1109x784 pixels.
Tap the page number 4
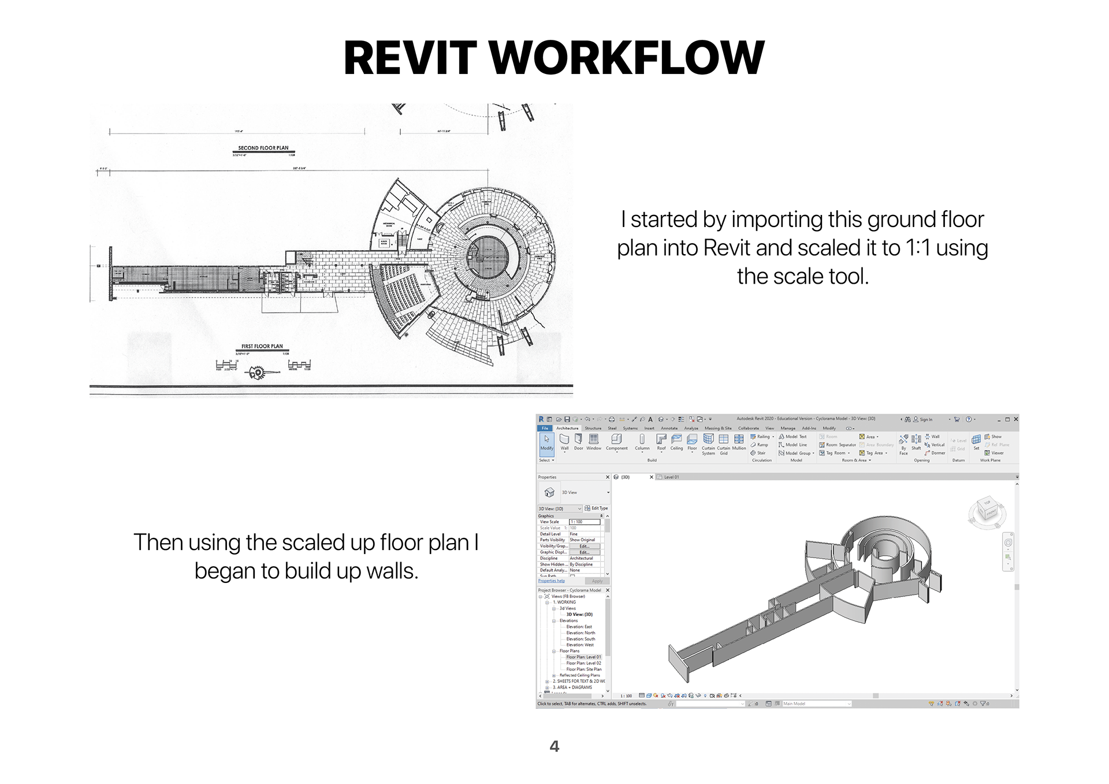point(554,746)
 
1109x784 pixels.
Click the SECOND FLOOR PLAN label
point(263,148)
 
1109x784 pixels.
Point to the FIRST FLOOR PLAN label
point(262,347)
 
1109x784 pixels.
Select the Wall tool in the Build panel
point(564,442)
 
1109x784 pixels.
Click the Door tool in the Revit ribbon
point(578,442)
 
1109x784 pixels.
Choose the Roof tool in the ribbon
point(661,442)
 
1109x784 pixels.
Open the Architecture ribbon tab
point(567,428)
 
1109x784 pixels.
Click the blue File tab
point(545,428)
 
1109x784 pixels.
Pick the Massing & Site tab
point(718,428)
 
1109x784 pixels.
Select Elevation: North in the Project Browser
point(580,633)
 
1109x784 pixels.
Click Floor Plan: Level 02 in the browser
point(583,663)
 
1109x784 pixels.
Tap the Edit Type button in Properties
point(596,508)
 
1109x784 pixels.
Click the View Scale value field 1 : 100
point(585,522)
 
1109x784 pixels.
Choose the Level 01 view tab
point(671,477)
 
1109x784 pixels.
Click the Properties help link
point(552,581)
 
